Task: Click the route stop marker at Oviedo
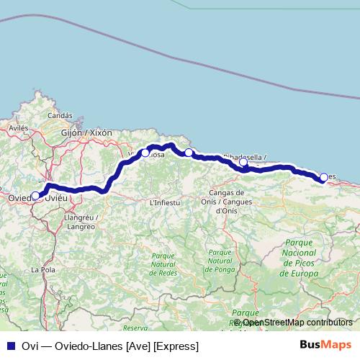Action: [x=35, y=195]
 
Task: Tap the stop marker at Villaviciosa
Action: [x=145, y=153]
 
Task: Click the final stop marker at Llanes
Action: [x=324, y=176]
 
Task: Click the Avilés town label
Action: [x=17, y=127]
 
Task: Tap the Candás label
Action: [x=60, y=115]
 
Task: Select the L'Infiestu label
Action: [x=164, y=203]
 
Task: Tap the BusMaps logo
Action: [x=325, y=346]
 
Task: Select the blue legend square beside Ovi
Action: [x=11, y=346]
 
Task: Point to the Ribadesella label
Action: [x=244, y=156]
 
